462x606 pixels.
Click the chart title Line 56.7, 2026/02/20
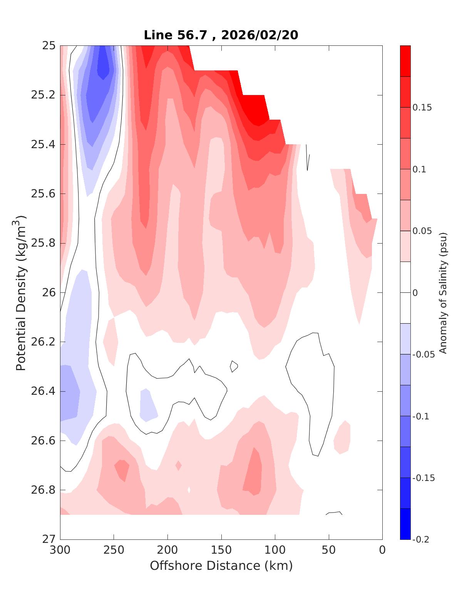click(221, 35)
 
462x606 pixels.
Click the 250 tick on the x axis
click(114, 550)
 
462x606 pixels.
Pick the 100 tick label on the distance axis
click(275, 550)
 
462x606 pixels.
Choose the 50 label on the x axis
click(329, 550)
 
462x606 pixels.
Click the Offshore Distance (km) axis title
click(221, 566)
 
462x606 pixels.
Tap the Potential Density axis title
click(21, 292)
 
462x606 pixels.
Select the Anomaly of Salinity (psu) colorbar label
click(443, 292)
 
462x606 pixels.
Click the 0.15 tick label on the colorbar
click(422, 107)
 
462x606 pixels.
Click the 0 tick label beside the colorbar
click(415, 293)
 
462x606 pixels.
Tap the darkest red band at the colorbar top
click(405, 61)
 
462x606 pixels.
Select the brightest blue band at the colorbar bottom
click(405, 524)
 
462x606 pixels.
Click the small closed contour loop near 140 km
click(234, 366)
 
